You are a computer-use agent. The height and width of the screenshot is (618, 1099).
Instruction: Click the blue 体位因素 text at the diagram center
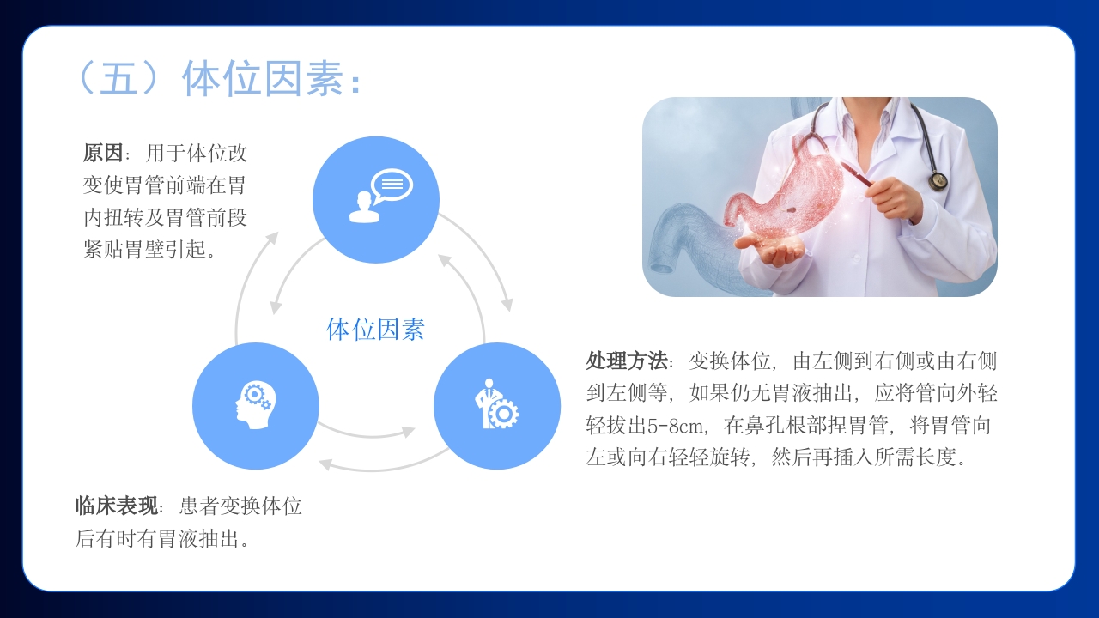[x=375, y=330]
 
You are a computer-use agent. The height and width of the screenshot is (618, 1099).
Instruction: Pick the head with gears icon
[x=254, y=405]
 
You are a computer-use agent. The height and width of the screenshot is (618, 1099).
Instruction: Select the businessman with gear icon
[x=496, y=405]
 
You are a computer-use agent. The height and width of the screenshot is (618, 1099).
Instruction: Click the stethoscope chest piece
[x=938, y=181]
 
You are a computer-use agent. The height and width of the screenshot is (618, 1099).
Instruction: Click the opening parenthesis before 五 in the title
[x=86, y=79]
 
